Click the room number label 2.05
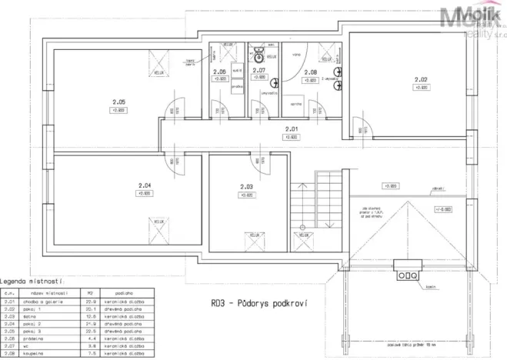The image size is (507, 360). tap(118, 102)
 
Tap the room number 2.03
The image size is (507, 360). tap(246, 187)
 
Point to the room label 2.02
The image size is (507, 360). tap(420, 79)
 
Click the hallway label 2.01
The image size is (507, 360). tap(292, 129)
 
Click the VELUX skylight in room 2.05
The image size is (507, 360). tap(159, 57)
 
